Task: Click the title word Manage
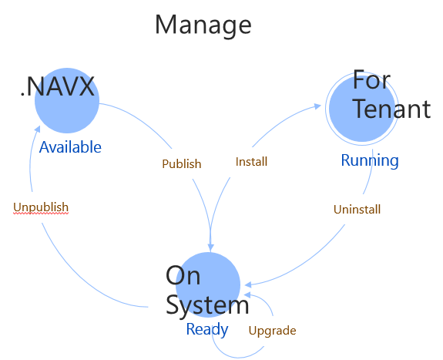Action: (203, 25)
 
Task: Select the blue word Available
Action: (70, 146)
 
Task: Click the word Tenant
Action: (391, 109)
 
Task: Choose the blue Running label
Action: (370, 160)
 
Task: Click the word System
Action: (207, 305)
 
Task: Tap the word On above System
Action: (183, 276)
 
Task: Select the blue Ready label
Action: (206, 329)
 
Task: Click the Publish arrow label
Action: (181, 163)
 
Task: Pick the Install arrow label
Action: (251, 163)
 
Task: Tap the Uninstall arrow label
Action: (357, 209)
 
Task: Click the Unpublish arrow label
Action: (41, 207)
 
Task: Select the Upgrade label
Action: (272, 331)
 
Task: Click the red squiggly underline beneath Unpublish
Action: (41, 214)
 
